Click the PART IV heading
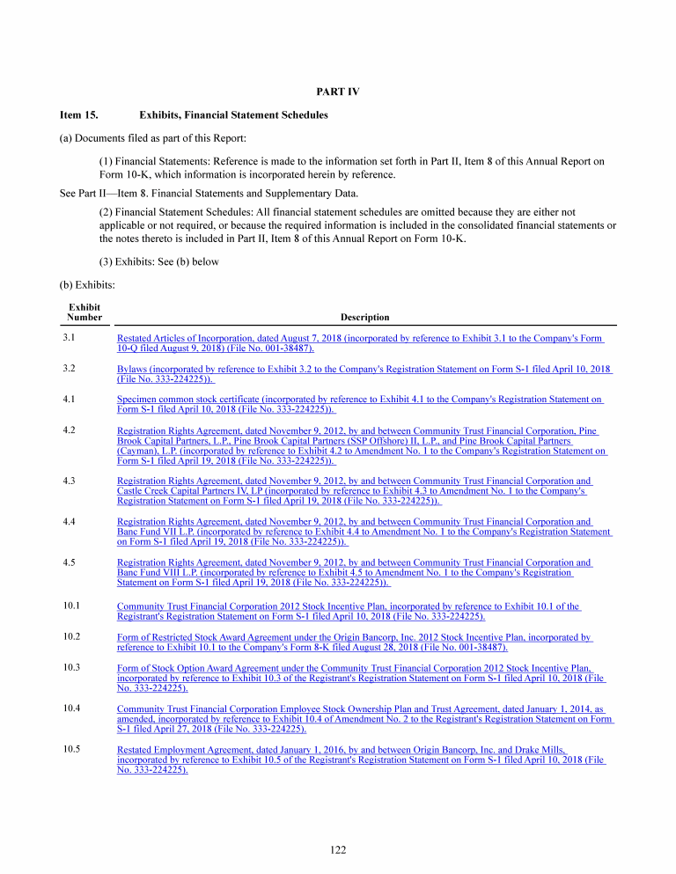click(338, 92)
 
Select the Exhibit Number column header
click(84, 312)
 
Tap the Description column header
click(364, 317)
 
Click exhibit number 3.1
click(70, 338)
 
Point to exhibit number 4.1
click(70, 400)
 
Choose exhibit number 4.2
click(70, 430)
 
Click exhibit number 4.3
click(70, 481)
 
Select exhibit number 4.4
click(70, 522)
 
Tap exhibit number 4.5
click(70, 562)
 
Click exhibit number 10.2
click(72, 636)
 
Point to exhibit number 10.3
click(72, 668)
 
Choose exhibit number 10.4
click(72, 709)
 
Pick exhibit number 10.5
click(72, 749)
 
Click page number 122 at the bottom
click(338, 849)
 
